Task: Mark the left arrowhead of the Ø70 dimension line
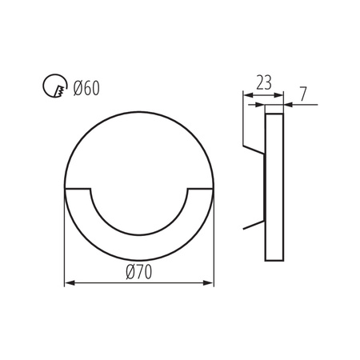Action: coord(68,282)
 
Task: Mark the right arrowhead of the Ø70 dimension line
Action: coord(210,282)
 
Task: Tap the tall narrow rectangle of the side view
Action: coord(274,186)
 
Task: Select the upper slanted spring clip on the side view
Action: coord(253,150)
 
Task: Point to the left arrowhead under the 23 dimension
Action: coord(246,96)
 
